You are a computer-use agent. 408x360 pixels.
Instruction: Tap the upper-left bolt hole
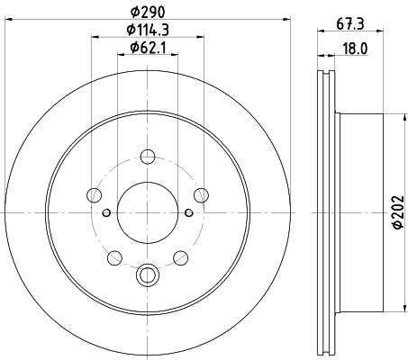(x=93, y=193)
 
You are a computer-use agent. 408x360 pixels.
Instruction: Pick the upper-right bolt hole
(x=200, y=193)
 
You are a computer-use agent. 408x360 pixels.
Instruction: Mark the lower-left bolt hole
(x=113, y=259)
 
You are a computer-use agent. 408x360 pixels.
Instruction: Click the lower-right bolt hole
(x=179, y=259)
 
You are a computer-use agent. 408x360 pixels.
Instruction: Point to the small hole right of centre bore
(x=187, y=212)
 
